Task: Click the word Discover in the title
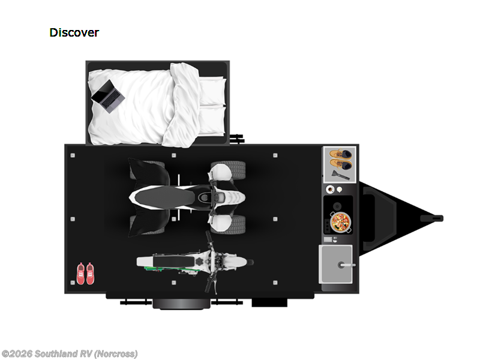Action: tap(74, 32)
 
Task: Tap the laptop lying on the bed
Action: tap(108, 96)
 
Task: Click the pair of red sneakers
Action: tap(85, 274)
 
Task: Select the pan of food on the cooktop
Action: tap(341, 222)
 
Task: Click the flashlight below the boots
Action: tap(340, 176)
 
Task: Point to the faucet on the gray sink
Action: tap(346, 265)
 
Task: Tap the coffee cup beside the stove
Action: tap(330, 190)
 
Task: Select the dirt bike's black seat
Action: tap(173, 262)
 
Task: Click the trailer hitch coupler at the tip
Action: tap(432, 218)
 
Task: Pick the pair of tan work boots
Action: tap(340, 159)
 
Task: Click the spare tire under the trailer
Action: tap(181, 304)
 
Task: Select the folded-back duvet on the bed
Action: tap(182, 104)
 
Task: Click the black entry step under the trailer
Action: tap(269, 302)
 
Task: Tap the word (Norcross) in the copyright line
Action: tap(116, 354)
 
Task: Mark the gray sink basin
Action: tap(335, 264)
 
